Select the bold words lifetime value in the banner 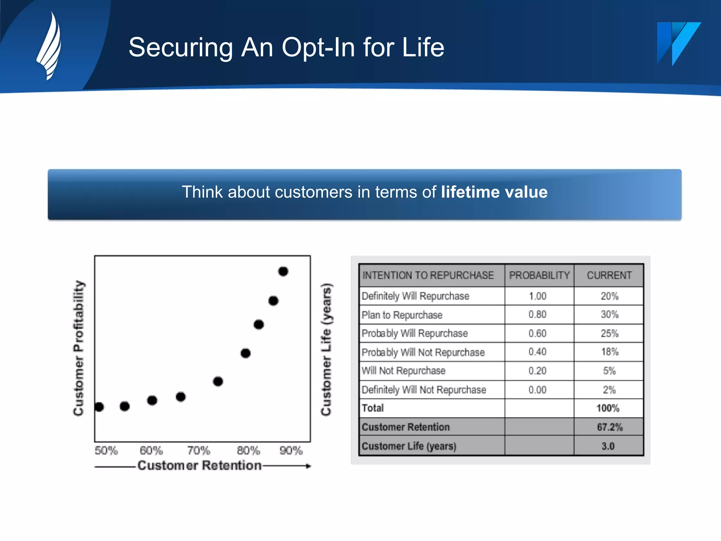494,192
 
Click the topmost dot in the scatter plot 283,271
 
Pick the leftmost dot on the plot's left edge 99,407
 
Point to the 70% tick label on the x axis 199,450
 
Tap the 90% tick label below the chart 291,450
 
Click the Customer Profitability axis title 79,348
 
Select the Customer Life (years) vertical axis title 326,349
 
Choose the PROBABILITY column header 539,275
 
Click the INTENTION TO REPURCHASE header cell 428,275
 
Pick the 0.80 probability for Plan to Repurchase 537,314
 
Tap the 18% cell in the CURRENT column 609,352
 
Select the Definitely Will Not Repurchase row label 424,390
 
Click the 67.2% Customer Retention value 609,427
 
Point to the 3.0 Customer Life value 608,446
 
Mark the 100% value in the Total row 608,408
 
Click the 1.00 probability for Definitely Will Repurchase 537,296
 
